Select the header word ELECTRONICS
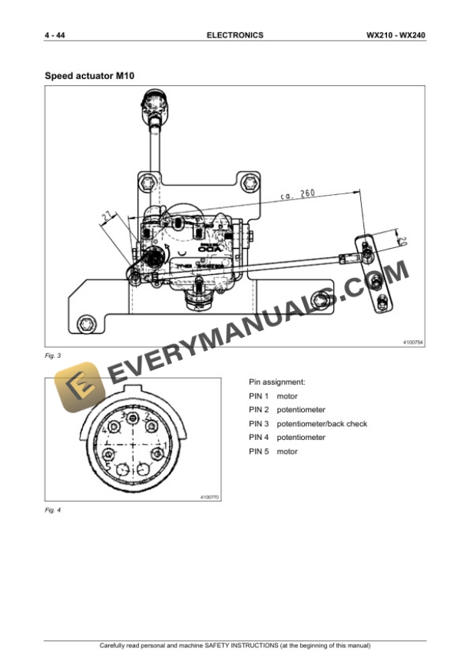click(235, 35)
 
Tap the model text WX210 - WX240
click(396, 35)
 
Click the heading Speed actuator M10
click(91, 76)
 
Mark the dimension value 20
click(403, 239)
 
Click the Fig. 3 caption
click(53, 356)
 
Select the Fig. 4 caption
click(53, 510)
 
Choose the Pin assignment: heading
click(277, 382)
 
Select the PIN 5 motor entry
click(273, 452)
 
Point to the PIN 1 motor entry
click(273, 396)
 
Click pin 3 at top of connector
click(134, 418)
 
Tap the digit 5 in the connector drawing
click(108, 466)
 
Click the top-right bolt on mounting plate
click(246, 183)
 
